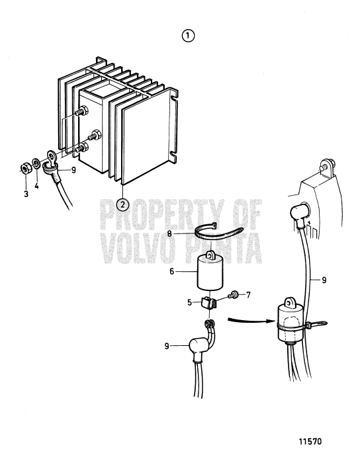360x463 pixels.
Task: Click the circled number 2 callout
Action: (x=122, y=204)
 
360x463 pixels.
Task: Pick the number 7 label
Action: (x=248, y=293)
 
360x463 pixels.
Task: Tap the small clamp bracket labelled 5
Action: (x=210, y=305)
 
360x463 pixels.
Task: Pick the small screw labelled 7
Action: (x=234, y=294)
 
